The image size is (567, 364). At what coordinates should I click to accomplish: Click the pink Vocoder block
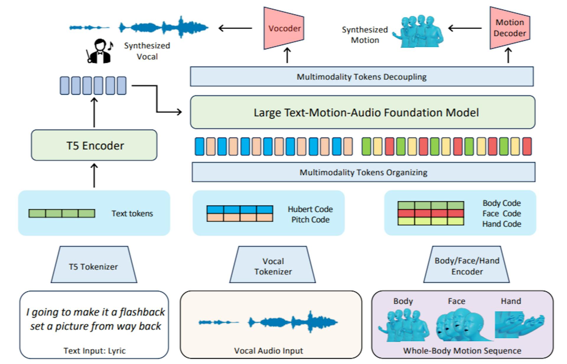(x=284, y=28)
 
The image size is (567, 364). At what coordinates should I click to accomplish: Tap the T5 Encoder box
(x=94, y=145)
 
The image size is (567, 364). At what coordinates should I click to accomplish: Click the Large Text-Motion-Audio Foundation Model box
(x=363, y=112)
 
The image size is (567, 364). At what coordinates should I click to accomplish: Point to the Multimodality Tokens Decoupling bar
(x=361, y=77)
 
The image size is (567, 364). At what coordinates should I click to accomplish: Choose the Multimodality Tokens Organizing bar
(x=363, y=172)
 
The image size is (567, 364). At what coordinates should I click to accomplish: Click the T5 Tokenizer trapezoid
(x=94, y=265)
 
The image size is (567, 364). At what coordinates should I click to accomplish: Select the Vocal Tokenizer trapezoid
(x=273, y=265)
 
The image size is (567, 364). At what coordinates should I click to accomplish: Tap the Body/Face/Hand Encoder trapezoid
(x=467, y=265)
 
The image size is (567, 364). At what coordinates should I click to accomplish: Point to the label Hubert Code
(x=310, y=209)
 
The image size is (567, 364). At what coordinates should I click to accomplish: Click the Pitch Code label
(x=310, y=220)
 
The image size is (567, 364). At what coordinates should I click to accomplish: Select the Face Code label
(x=501, y=213)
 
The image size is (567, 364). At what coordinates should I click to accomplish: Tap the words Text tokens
(x=132, y=213)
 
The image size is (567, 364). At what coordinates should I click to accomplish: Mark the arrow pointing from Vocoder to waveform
(x=235, y=28)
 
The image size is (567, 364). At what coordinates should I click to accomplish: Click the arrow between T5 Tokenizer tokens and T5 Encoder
(x=94, y=175)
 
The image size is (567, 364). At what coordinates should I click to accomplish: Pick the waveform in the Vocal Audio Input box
(x=268, y=322)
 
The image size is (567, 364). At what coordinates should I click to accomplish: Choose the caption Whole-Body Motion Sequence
(x=462, y=351)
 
